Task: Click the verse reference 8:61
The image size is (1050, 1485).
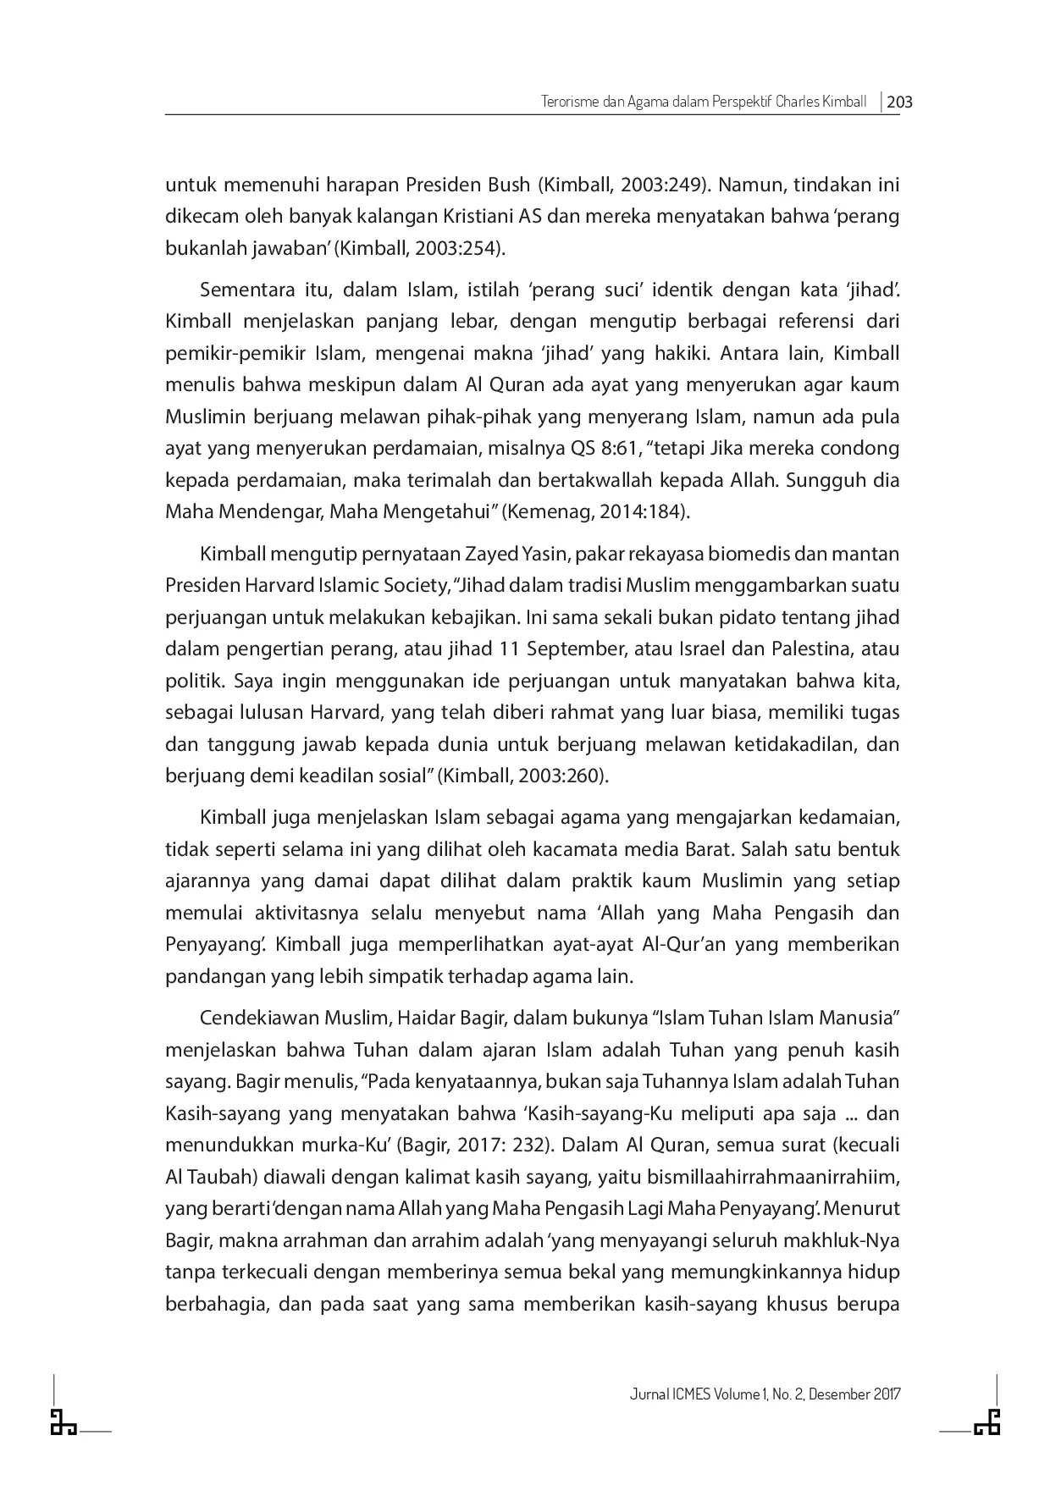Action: click(x=618, y=449)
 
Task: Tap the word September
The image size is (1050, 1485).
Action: click(x=592, y=649)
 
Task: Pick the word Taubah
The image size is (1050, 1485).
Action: click(x=221, y=1177)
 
